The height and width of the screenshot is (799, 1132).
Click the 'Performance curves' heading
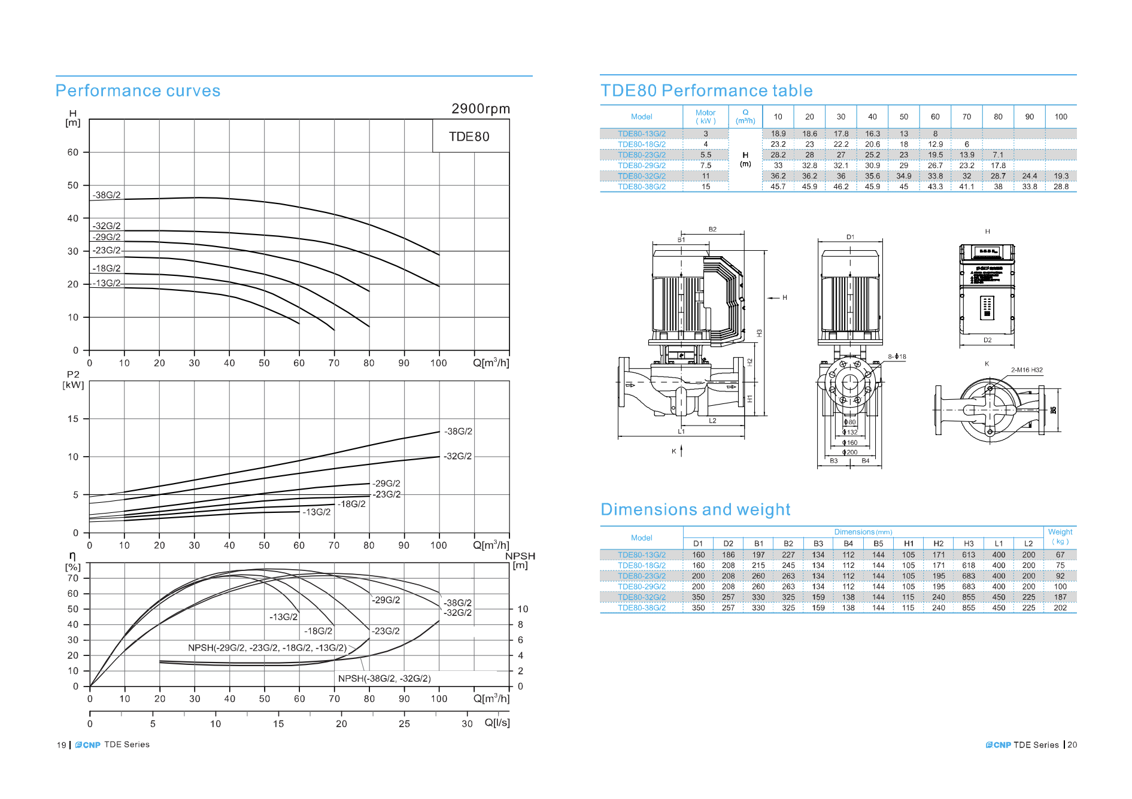(x=138, y=91)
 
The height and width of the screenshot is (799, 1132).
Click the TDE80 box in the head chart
(x=470, y=136)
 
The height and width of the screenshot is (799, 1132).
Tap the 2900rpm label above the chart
(x=481, y=109)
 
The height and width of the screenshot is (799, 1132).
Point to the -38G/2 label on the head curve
(x=107, y=195)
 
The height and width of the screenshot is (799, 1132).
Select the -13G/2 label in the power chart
(x=317, y=512)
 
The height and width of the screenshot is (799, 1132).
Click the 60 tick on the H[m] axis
(x=73, y=153)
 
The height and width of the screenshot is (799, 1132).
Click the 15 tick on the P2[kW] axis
(x=73, y=419)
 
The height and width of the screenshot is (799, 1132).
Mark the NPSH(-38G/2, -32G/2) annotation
(x=384, y=679)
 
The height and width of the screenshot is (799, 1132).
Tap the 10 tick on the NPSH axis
(x=523, y=609)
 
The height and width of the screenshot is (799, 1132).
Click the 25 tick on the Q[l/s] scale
(x=405, y=724)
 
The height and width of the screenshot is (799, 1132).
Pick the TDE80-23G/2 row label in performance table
(x=642, y=155)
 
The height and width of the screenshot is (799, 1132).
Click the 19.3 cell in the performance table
(x=1061, y=177)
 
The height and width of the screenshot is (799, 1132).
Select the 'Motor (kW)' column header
(x=705, y=117)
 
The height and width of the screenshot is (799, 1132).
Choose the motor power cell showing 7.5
(x=706, y=166)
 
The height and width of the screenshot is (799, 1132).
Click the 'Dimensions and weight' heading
(x=695, y=510)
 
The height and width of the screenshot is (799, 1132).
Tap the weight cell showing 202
(x=1060, y=608)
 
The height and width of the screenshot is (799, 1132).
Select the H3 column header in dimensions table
(x=969, y=544)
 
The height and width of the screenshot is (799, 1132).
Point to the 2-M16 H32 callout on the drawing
(x=1027, y=370)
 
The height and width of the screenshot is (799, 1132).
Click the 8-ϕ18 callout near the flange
(x=897, y=357)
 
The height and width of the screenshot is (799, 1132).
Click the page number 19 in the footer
(x=62, y=745)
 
